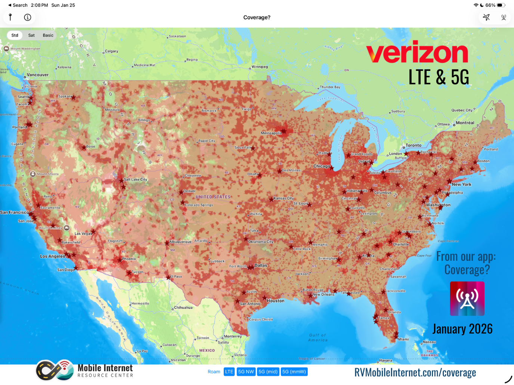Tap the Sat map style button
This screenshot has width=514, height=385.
[31, 35]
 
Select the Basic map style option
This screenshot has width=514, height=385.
[48, 35]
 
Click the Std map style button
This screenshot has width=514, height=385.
[15, 35]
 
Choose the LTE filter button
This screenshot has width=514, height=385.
[229, 372]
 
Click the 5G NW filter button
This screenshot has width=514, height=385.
[246, 372]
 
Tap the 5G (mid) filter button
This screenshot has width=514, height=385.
[268, 372]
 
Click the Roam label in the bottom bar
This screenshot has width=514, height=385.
[214, 372]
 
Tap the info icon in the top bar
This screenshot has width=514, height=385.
[28, 17]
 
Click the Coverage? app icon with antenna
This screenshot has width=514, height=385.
[467, 298]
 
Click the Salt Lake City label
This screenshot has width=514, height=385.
[135, 179]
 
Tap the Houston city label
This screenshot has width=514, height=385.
[276, 301]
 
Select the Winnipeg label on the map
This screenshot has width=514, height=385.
[260, 67]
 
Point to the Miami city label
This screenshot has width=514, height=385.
[403, 339]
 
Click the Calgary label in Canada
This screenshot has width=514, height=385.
[111, 51]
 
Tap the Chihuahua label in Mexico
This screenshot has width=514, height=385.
[183, 308]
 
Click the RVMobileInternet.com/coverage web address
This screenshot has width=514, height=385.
[415, 372]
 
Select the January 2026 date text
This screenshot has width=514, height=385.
[462, 329]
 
